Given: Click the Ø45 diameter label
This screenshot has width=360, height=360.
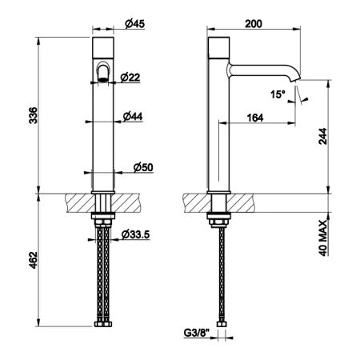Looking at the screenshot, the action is [x=134, y=24].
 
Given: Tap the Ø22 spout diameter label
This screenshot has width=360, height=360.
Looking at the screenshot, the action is [x=130, y=78].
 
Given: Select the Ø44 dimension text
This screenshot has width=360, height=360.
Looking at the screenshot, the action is [x=133, y=116].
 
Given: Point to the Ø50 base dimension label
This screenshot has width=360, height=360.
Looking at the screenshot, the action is [x=143, y=167].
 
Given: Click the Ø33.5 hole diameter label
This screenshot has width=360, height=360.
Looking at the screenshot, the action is [x=135, y=234].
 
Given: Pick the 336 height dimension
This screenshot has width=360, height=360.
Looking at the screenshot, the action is [x=34, y=115].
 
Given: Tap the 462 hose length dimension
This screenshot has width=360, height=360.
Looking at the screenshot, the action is [x=34, y=260].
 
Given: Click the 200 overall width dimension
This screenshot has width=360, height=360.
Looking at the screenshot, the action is [x=254, y=24].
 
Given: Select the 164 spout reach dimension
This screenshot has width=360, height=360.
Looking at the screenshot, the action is [x=255, y=118].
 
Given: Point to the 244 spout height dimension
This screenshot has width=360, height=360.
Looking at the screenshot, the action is [x=323, y=136].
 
